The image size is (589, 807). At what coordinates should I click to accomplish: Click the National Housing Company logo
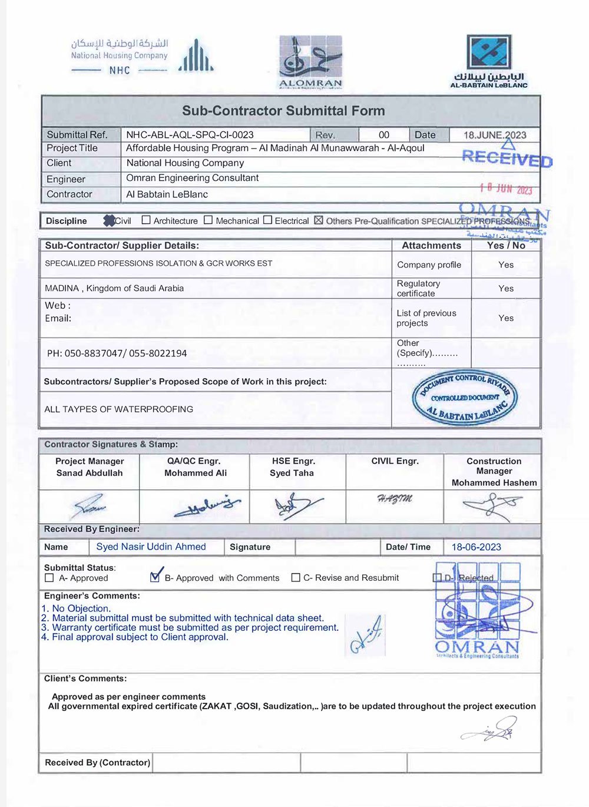141,57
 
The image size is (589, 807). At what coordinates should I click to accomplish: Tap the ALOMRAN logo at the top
310,62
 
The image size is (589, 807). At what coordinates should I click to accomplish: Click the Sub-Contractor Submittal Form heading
283,111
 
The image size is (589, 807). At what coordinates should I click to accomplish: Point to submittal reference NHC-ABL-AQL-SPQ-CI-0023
190,135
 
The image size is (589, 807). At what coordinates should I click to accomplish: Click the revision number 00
384,135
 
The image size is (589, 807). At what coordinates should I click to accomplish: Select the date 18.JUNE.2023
495,135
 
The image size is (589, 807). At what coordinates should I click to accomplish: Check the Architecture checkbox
146,220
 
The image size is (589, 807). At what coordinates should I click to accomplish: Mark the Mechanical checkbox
208,220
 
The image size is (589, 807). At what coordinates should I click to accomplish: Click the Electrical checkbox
267,220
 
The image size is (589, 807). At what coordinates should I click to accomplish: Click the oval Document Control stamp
465,398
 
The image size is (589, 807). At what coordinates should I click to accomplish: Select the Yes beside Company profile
506,265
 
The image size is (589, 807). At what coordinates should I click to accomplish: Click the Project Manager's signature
90,506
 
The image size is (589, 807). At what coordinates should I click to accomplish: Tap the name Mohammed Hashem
494,483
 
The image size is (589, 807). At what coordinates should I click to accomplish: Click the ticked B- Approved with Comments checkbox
155,577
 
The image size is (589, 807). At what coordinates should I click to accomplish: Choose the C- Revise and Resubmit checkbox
296,578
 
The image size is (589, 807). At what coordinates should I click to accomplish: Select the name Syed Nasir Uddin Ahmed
151,547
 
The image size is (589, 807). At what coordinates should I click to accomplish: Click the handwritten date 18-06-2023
476,547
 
